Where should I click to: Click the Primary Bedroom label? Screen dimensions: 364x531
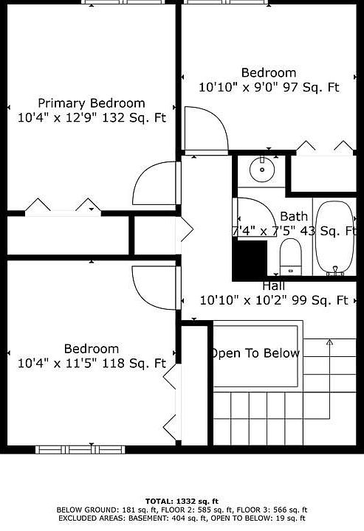coord(92,103)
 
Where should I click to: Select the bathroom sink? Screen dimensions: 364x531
coord(262,169)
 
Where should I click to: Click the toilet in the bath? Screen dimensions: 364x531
coord(290,257)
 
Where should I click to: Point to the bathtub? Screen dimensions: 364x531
coord(335,237)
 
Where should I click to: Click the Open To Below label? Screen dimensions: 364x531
coord(255,353)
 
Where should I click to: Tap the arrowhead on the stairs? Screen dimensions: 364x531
coord(329,341)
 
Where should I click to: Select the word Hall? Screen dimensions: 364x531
coord(273,286)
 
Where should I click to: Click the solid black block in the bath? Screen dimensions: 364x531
coord(250,259)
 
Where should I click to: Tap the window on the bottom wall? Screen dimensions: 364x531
coord(80,450)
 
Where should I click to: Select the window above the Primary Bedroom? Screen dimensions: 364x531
coord(124,2)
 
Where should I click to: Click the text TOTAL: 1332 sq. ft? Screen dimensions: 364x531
coord(182,502)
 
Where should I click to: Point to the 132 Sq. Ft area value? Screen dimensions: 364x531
coord(134,118)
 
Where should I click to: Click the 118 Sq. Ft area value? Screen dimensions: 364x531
coord(134,364)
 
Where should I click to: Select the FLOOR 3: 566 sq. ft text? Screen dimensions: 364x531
coord(272,510)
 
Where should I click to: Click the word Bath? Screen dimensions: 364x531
coord(294,216)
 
